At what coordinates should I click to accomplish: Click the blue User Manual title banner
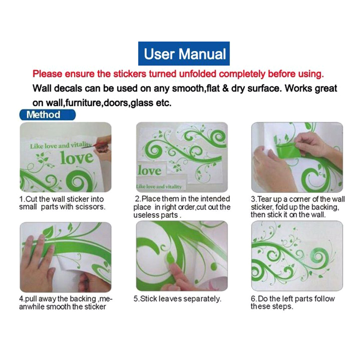(x=184, y=54)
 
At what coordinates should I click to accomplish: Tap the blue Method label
(x=47, y=115)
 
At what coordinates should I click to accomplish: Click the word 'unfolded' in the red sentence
(x=198, y=74)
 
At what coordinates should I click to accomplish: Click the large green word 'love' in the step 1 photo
(x=77, y=158)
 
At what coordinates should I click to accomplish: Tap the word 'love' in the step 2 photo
(x=150, y=171)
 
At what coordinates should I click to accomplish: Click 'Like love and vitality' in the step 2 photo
(x=159, y=186)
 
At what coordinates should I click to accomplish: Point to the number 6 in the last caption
(x=253, y=299)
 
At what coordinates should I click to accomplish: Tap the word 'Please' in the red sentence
(x=47, y=74)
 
